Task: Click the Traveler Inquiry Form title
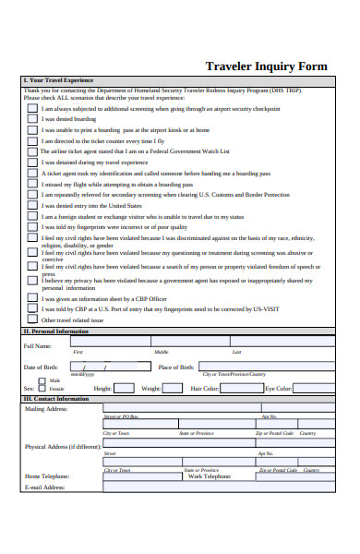coord(265,66)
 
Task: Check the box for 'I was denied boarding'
coord(31,119)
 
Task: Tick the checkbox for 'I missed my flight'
coord(31,184)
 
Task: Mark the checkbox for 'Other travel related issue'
coord(31,319)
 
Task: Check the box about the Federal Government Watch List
coord(31,151)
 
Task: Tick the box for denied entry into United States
coord(31,205)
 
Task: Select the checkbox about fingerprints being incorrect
coord(31,226)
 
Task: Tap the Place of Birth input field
coord(262,367)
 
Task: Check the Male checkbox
coord(42,379)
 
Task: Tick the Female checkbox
coord(42,389)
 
